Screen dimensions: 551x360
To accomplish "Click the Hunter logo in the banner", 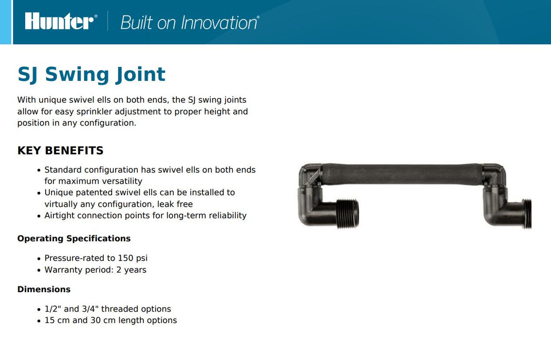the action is pyautogui.click(x=60, y=21).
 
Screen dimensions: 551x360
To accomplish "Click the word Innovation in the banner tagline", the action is pyautogui.click(x=219, y=23).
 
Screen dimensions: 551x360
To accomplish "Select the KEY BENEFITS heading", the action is pyautogui.click(x=61, y=151).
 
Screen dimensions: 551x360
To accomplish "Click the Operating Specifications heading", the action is pyautogui.click(x=74, y=238).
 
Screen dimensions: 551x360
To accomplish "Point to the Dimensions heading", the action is pyautogui.click(x=44, y=290).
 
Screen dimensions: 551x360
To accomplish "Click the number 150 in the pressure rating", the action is pyautogui.click(x=125, y=258).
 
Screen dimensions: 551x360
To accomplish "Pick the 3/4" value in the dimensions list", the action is pyautogui.click(x=90, y=309).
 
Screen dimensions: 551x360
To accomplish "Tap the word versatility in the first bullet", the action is pyautogui.click(x=121, y=181).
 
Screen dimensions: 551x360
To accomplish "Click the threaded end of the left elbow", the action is pyautogui.click(x=348, y=213).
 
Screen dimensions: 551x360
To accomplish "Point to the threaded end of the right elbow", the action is pyautogui.click(x=527, y=214).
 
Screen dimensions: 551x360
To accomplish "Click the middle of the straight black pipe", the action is pyautogui.click(x=402, y=174).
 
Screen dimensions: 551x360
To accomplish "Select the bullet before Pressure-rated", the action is pyautogui.click(x=39, y=259).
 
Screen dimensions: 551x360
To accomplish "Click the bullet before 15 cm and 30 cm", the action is pyautogui.click(x=39, y=321).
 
